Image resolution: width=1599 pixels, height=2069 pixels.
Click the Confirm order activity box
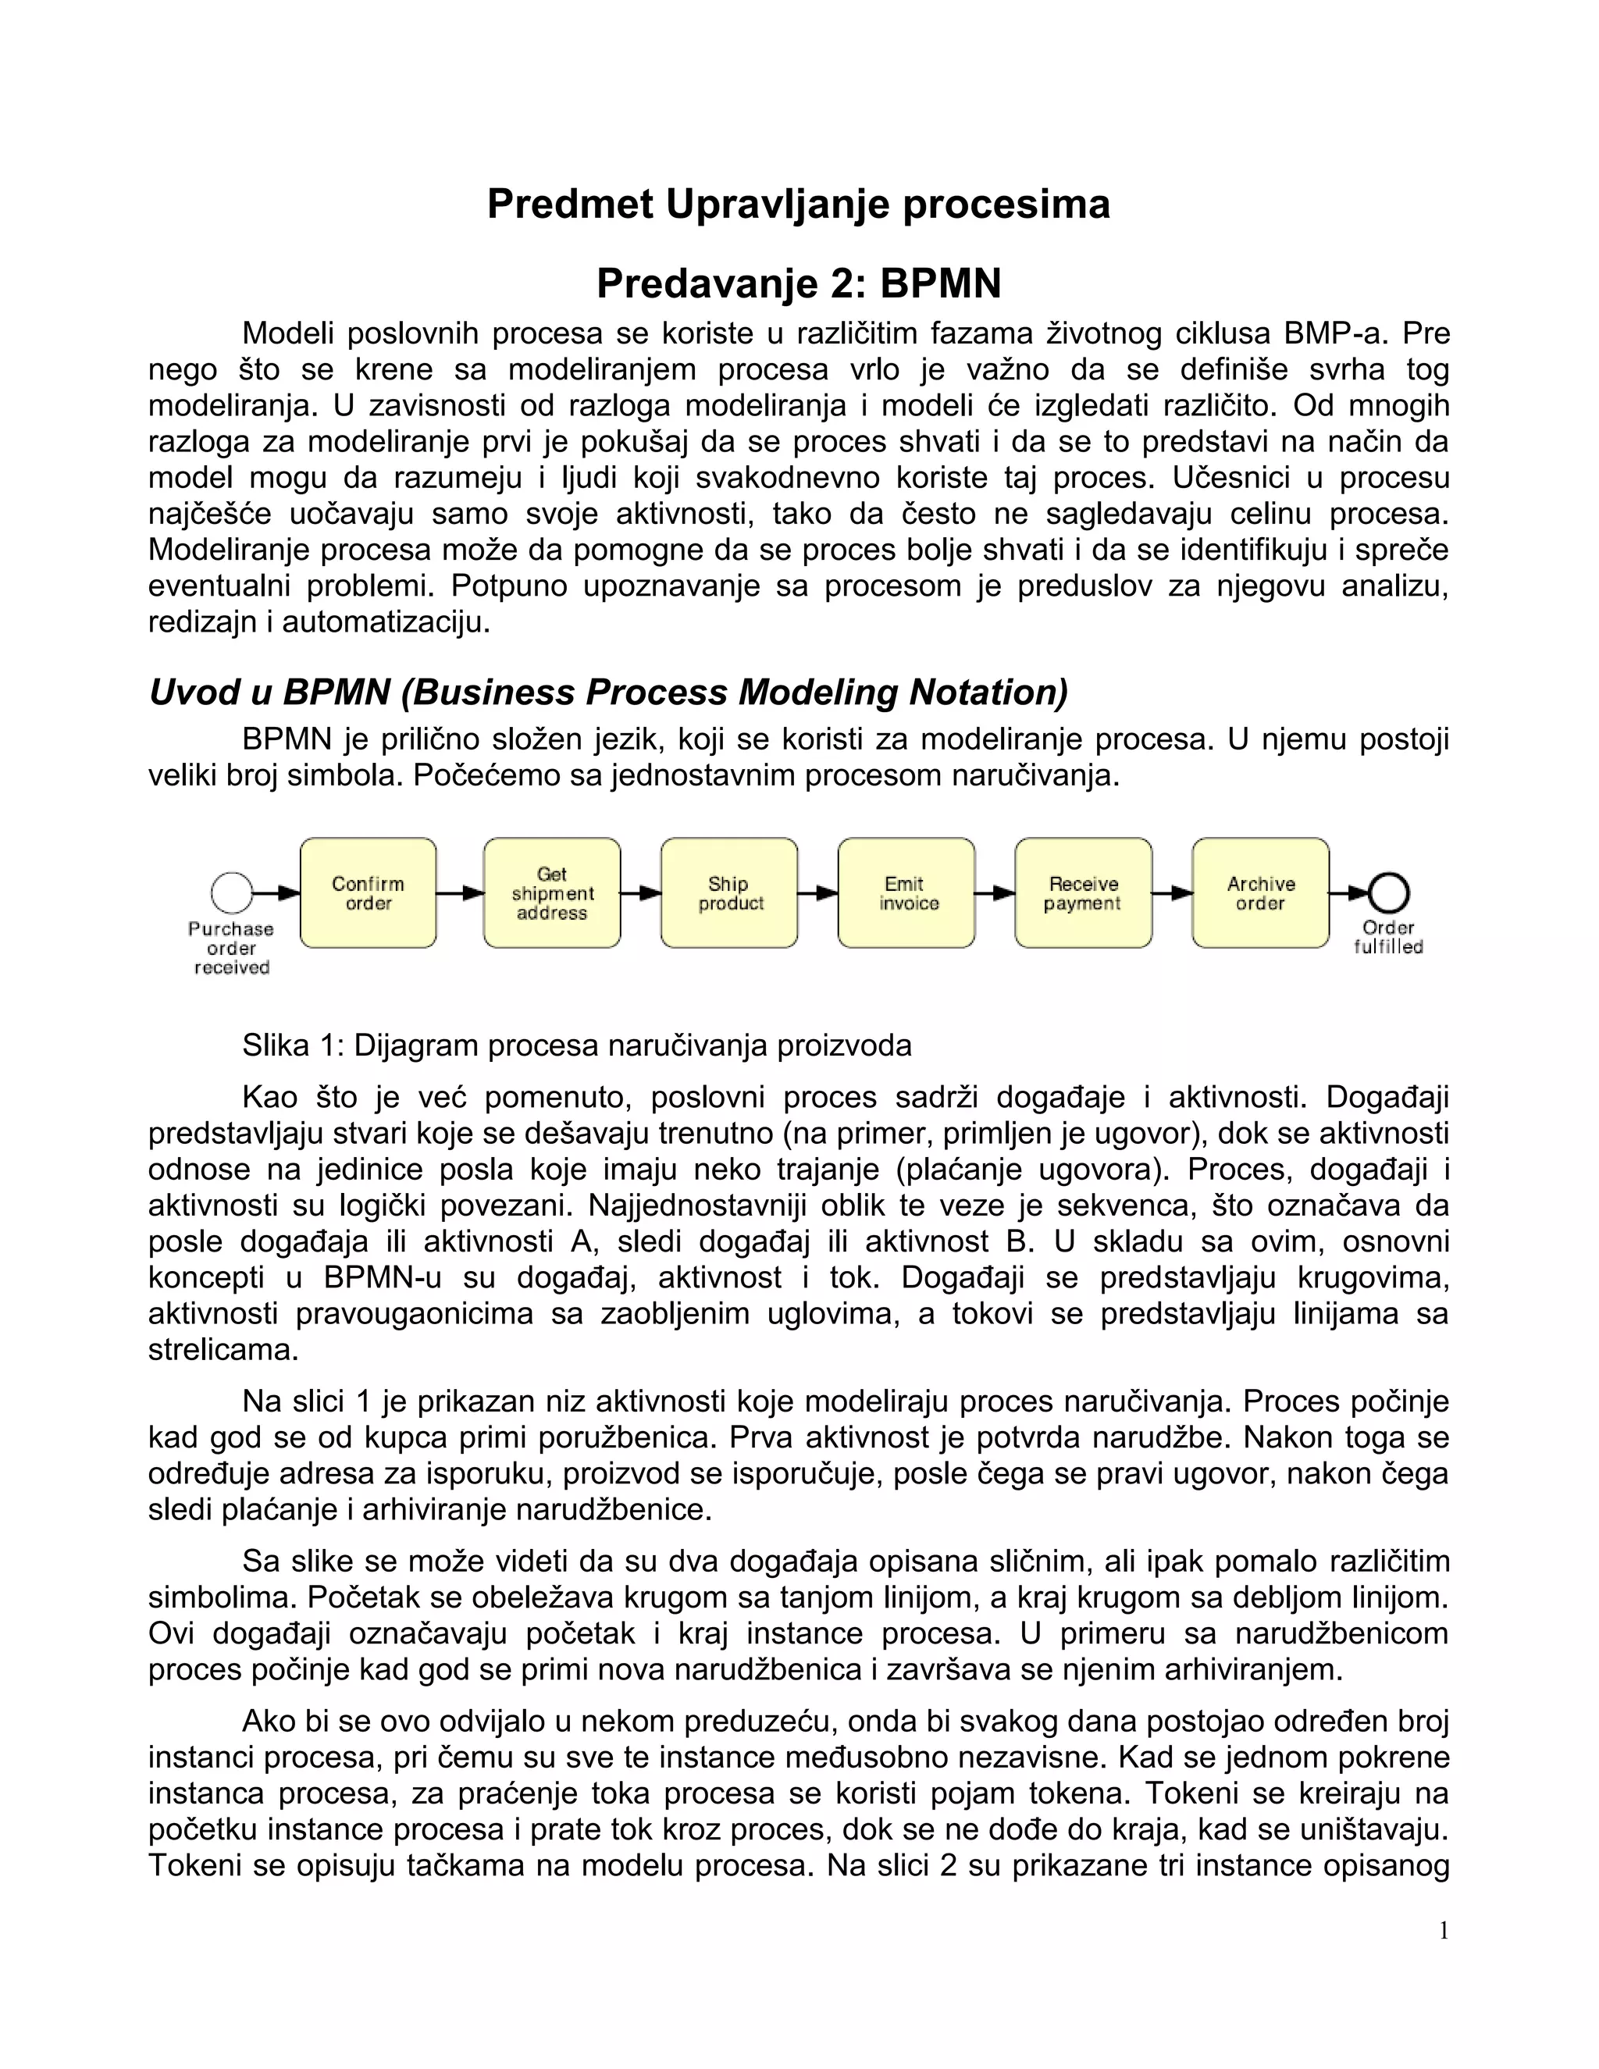coord(369,892)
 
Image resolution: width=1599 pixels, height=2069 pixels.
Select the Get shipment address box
coord(551,892)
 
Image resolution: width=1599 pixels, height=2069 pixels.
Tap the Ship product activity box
coord(729,892)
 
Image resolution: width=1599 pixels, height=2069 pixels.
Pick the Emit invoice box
coord(906,892)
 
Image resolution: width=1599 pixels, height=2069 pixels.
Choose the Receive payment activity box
coord(1083,892)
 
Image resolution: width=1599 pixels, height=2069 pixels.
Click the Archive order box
coord(1260,892)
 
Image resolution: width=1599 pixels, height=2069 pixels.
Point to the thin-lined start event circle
coord(232,892)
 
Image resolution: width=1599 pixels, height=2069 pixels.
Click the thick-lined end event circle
coord(1389,892)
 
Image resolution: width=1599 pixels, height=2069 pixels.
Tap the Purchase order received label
coord(231,947)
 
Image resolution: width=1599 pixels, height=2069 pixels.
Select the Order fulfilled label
coord(1389,937)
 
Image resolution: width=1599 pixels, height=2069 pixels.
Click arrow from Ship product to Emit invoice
coord(817,892)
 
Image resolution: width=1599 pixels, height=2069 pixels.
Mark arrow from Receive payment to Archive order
coord(1172,892)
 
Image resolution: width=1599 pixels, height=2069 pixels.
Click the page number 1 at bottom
coord(1444,1931)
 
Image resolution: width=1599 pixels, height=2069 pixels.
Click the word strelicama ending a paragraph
coord(223,1349)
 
